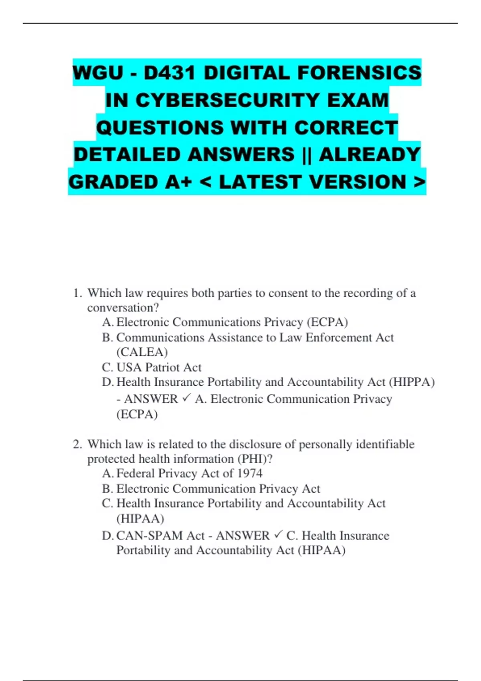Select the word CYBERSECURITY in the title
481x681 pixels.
(x=228, y=100)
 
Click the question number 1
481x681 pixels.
(x=77, y=293)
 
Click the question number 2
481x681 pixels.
(x=77, y=444)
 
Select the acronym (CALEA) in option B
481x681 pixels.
(x=142, y=352)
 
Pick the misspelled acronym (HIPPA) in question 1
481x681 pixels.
(x=412, y=382)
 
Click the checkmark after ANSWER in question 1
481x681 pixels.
(x=186, y=399)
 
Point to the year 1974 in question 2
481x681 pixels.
(x=250, y=473)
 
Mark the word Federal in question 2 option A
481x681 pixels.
(x=135, y=473)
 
